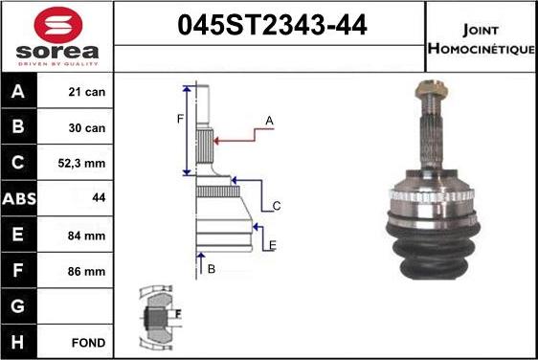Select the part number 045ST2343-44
pos(272,26)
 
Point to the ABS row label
pos(20,199)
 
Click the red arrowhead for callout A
pos(217,141)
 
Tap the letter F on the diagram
pos(178,120)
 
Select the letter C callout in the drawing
pos(276,206)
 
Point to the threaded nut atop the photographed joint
pos(428,93)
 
